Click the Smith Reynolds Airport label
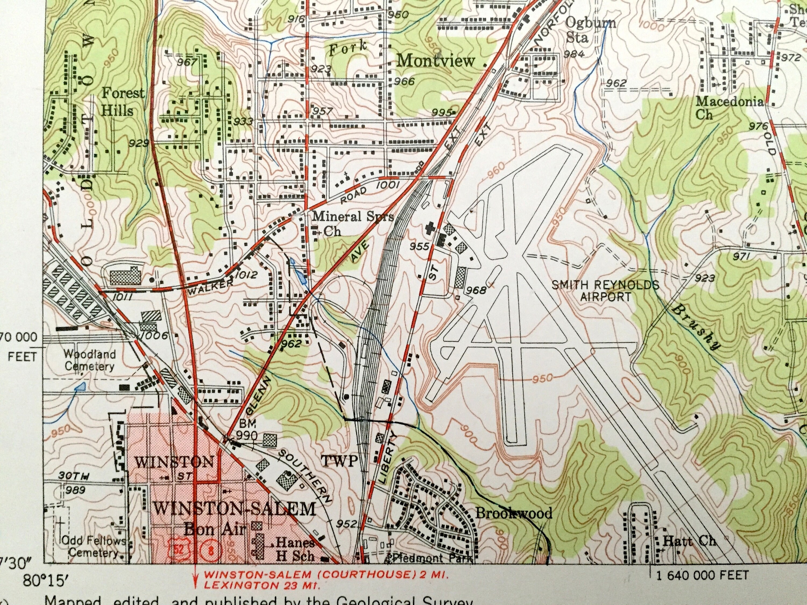(x=605, y=290)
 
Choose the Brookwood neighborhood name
(x=513, y=514)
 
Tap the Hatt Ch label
(x=689, y=540)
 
